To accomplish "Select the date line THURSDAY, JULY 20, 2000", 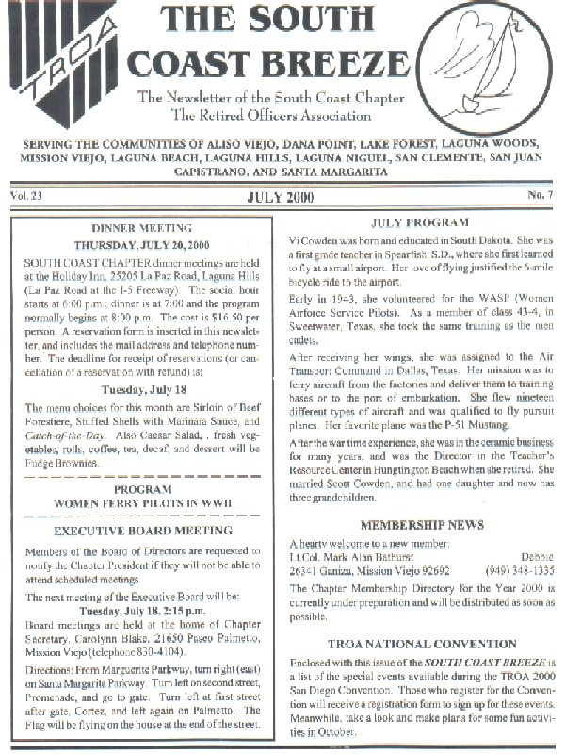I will [x=141, y=243].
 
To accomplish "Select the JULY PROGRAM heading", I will [x=420, y=223].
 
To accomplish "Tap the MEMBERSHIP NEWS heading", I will [x=420, y=524].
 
